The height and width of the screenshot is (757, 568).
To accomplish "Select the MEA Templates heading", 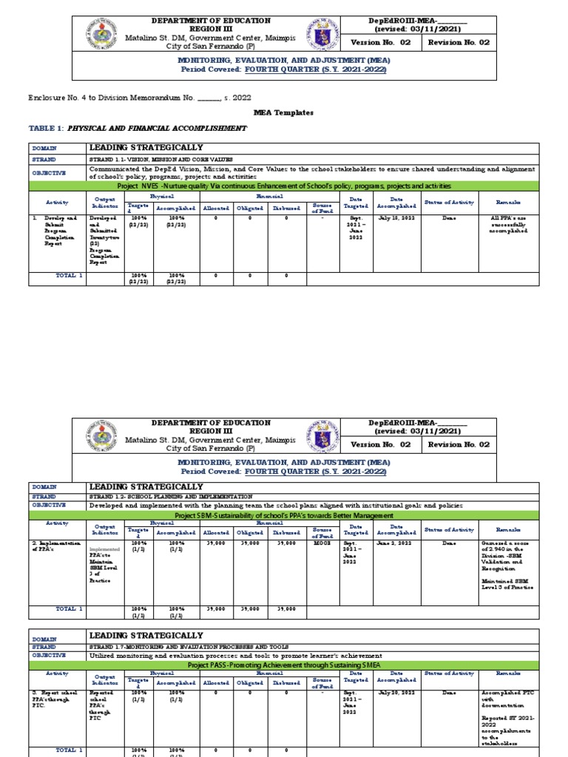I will tap(283, 113).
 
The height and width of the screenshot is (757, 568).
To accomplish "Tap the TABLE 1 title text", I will tap(138, 128).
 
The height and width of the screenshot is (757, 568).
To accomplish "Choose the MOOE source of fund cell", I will tap(322, 543).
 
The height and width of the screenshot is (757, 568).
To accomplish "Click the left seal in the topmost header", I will tap(103, 35).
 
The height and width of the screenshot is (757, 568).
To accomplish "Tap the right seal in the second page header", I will tap(324, 438).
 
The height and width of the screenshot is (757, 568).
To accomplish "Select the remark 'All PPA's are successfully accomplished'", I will tap(508, 225).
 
